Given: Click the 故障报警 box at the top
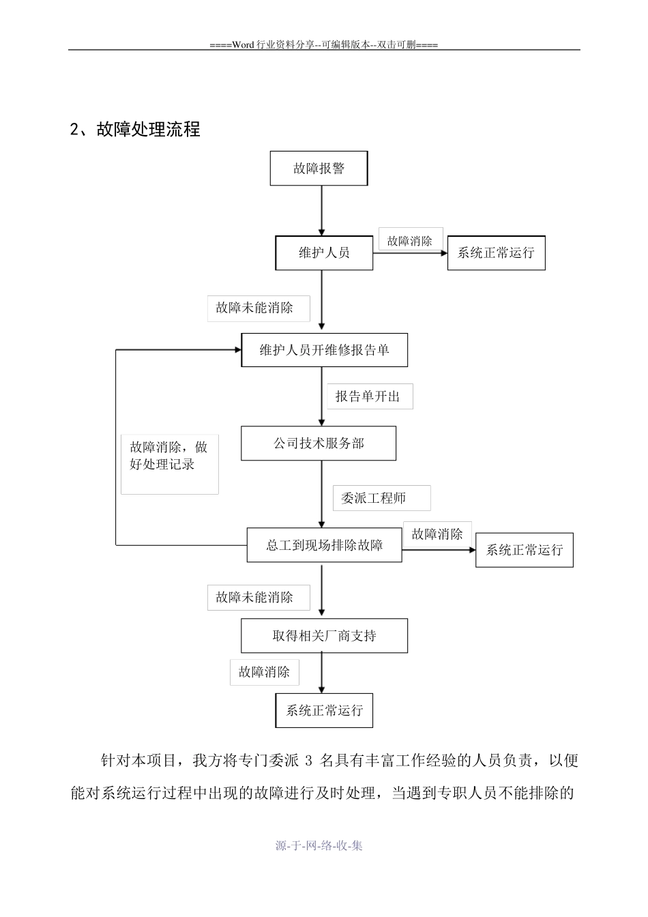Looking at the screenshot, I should [x=319, y=169].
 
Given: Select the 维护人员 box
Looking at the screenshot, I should [x=324, y=253].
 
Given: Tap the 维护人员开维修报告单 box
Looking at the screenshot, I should [x=324, y=350].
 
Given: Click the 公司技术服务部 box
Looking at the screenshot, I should [x=318, y=443].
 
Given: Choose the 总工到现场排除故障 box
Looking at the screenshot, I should [x=324, y=545].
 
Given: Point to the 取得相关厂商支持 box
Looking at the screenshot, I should [x=324, y=636].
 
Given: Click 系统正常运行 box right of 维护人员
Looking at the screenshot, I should [x=496, y=253].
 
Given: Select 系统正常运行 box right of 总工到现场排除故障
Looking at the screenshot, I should [x=524, y=550].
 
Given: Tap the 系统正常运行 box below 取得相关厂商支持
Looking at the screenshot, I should [x=324, y=710].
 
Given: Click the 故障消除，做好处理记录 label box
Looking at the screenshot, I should [x=169, y=464].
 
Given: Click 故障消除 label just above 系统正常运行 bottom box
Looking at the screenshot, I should [x=264, y=672].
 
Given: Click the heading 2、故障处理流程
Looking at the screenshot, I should [x=135, y=129].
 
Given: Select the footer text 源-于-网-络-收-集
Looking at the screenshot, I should [x=319, y=845].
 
